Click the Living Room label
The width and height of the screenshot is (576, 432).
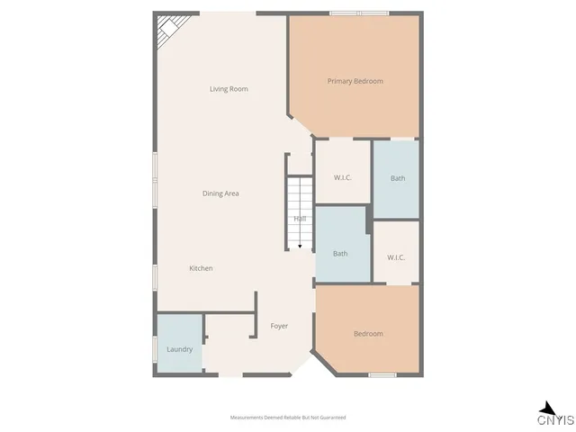[229, 89]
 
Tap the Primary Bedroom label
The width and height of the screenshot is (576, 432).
[355, 82]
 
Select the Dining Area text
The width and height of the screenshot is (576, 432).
[220, 193]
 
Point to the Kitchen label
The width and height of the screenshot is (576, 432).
[201, 268]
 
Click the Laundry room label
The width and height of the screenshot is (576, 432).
[180, 349]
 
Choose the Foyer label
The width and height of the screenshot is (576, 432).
[279, 326]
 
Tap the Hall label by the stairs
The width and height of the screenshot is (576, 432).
[300, 219]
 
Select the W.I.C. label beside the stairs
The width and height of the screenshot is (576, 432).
[342, 177]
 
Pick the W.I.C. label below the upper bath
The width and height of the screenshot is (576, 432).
[396, 257]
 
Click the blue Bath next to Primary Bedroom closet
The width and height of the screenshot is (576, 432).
[398, 178]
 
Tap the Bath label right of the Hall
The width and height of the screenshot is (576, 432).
[340, 253]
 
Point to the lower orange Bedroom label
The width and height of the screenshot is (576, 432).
[367, 334]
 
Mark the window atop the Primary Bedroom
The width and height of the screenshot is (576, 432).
[358, 13]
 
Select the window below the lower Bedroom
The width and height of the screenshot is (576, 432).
[382, 374]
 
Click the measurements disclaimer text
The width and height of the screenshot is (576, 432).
[288, 418]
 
